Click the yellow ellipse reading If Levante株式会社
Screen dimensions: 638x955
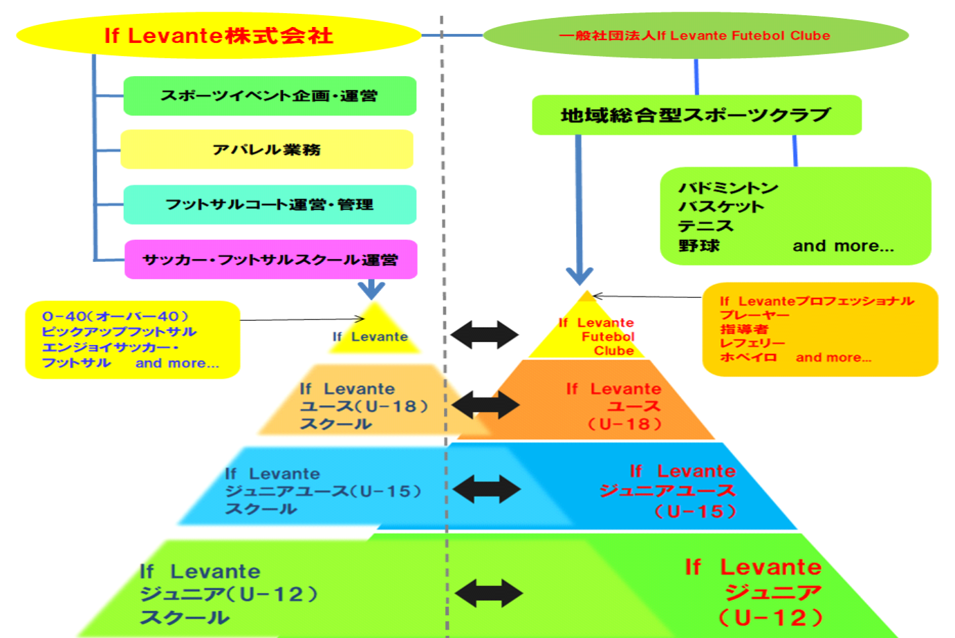pyautogui.click(x=219, y=36)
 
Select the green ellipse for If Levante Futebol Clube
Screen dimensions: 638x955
pyautogui.click(x=695, y=36)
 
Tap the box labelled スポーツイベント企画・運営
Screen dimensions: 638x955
pyautogui.click(x=270, y=96)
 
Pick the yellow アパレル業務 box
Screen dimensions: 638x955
pyautogui.click(x=267, y=149)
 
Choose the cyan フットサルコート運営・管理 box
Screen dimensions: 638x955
pyautogui.click(x=270, y=205)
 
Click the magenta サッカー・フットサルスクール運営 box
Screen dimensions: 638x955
pyautogui.click(x=270, y=260)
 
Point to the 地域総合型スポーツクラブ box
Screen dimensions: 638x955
pyautogui.click(x=696, y=115)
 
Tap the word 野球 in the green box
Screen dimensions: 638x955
pyautogui.click(x=699, y=246)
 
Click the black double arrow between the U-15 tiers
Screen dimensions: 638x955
pyautogui.click(x=486, y=489)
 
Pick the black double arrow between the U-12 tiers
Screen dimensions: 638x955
pyautogui.click(x=488, y=593)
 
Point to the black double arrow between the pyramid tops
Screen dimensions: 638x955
pyautogui.click(x=484, y=335)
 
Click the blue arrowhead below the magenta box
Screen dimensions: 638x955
pyautogui.click(x=372, y=290)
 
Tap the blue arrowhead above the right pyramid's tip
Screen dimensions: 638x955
pyautogui.click(x=580, y=276)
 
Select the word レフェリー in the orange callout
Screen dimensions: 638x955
pyautogui.click(x=752, y=344)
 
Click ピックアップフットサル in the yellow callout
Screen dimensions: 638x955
pyautogui.click(x=119, y=332)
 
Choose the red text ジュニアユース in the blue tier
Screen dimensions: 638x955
pyautogui.click(x=667, y=491)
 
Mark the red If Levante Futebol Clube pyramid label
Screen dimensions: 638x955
pyautogui.click(x=597, y=337)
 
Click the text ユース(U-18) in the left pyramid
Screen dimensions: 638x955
pyautogui.click(x=364, y=406)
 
